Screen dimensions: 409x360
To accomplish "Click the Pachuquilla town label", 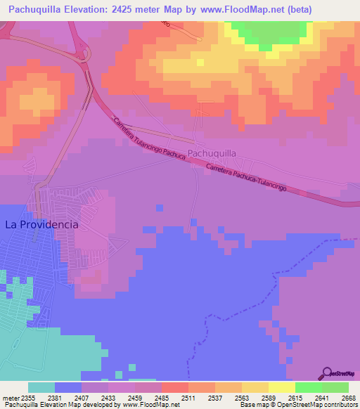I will coord(211,152).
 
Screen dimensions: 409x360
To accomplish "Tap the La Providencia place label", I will coord(41,225).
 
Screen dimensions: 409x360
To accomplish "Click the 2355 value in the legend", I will coord(28,397).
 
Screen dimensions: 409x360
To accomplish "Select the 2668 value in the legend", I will coord(348,397).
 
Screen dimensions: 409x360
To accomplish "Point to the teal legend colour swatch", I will coord(41,387).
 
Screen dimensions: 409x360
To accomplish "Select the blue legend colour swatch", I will coord(68,387).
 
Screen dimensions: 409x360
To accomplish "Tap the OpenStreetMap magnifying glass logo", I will coord(326,373).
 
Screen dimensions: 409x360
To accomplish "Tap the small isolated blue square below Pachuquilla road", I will coord(160,207).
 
